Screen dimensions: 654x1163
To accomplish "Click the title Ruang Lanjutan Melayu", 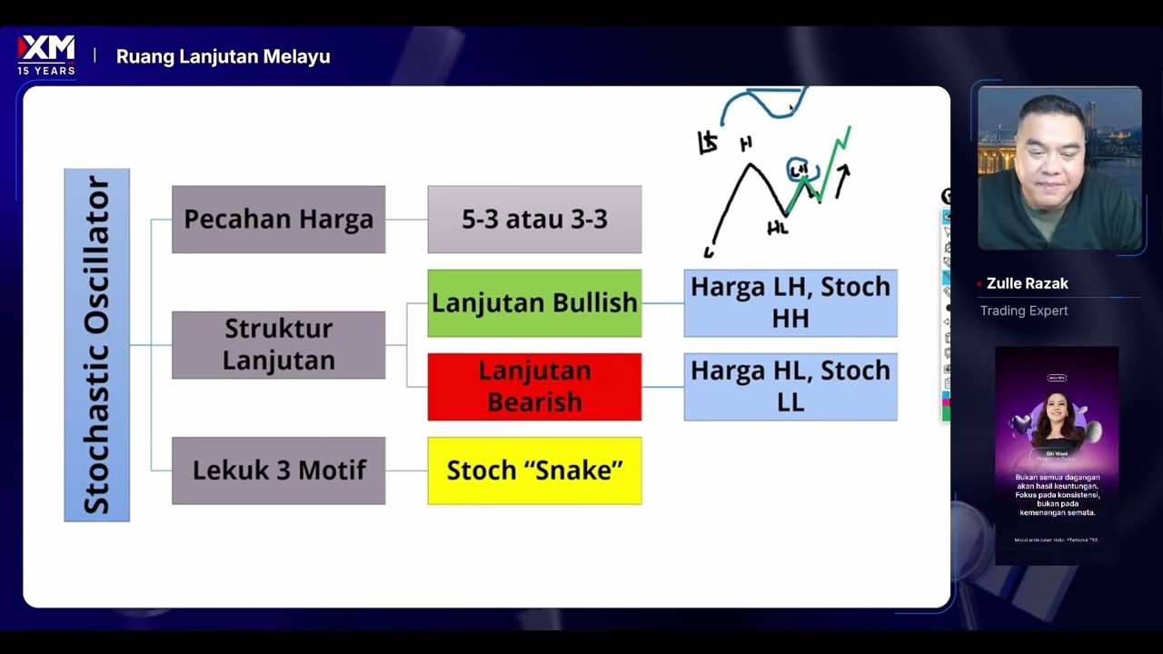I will [x=223, y=56].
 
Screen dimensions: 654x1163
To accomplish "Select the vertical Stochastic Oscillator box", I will [x=97, y=345].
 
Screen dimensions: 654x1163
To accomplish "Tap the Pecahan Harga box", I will [x=278, y=219].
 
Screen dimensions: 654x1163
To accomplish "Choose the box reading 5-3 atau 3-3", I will [x=534, y=219].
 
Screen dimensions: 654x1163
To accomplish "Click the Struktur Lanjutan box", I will [x=278, y=345].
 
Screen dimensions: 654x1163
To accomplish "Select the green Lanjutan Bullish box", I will [x=534, y=303].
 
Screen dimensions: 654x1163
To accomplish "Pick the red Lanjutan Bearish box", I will [x=534, y=387].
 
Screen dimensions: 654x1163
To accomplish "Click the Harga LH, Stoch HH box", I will [x=790, y=303].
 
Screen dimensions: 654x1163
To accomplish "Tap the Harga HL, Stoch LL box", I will [x=790, y=387].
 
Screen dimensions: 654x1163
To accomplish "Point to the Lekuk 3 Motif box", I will [x=278, y=471].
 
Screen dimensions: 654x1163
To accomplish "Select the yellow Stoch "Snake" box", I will [x=534, y=471].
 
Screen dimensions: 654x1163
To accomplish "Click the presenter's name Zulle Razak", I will [x=1027, y=283].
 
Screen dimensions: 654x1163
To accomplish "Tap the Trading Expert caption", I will [x=1023, y=311].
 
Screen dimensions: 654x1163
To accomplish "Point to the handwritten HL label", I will [x=777, y=229].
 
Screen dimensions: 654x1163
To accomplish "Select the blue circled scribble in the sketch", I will [x=800, y=170].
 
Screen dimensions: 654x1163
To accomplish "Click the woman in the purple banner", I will [x=1056, y=422].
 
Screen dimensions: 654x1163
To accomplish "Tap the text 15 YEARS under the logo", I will [x=46, y=71].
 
